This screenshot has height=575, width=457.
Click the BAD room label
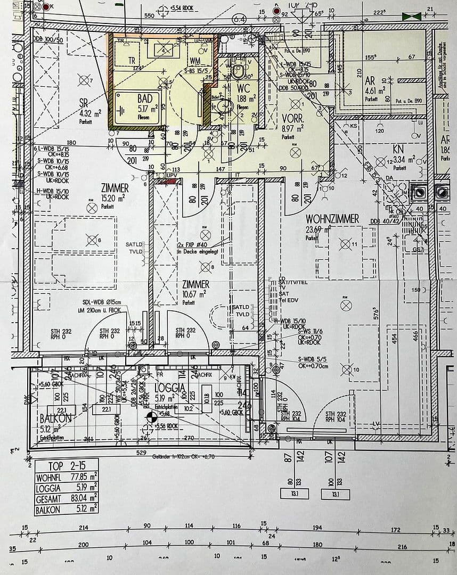point(144,98)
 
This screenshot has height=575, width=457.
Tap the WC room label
point(243,88)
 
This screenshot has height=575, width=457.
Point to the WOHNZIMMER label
point(332,219)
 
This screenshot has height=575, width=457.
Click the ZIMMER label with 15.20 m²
point(115,188)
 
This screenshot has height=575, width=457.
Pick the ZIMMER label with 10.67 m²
point(195,285)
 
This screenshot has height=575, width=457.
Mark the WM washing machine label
point(195,61)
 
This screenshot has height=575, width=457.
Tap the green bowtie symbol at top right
point(411,17)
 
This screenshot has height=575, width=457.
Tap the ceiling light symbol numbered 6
point(92,241)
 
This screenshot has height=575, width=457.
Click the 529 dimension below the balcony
point(141,453)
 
